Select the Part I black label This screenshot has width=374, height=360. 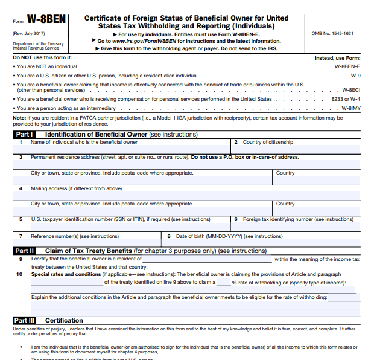24,134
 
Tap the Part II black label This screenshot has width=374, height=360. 25,251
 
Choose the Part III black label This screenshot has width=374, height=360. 25,320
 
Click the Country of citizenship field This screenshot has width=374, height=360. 296,149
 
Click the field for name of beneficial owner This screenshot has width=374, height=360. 121,149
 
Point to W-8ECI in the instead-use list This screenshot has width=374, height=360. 351,89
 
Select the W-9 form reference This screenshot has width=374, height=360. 355,76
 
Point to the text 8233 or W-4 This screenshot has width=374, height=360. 346,98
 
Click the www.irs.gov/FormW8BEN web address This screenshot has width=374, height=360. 140,41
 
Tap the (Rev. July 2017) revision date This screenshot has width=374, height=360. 28,34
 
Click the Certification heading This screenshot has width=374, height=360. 64,320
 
